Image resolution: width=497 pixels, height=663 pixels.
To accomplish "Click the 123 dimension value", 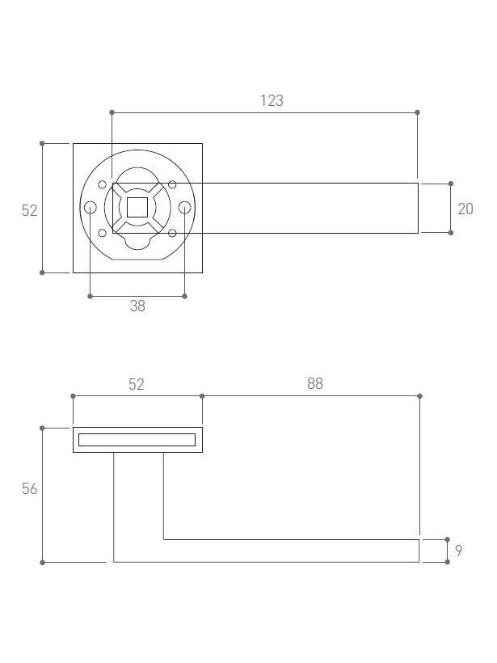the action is [272, 100].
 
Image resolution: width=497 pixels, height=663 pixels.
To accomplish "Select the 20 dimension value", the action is [465, 209].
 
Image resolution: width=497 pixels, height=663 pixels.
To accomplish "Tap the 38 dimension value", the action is [137, 306].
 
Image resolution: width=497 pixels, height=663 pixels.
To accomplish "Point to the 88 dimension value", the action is [315, 383].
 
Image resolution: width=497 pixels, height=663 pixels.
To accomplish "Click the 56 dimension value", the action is [30, 489].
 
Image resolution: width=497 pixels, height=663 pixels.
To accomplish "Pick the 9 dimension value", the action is [458, 551].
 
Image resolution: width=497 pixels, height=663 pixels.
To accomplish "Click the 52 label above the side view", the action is [137, 384].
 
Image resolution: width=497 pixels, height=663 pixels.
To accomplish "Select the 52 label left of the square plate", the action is [30, 210].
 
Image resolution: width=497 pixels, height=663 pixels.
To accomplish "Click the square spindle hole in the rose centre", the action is [137, 207].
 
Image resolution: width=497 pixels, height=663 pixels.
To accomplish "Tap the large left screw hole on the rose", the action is [91, 208].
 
